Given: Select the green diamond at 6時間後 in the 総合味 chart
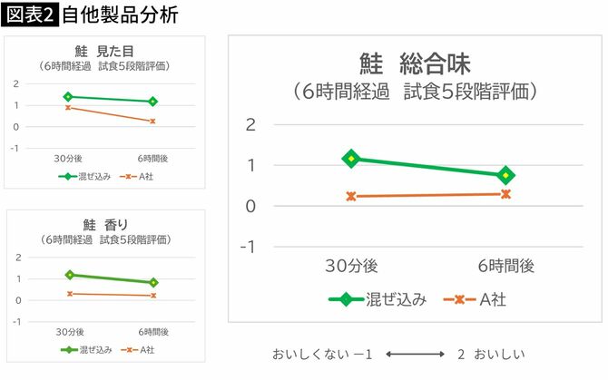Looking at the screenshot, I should tap(505, 175).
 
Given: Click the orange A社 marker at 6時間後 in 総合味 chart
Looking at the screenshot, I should tap(505, 193).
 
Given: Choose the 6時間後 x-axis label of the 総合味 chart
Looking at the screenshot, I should tap(505, 266).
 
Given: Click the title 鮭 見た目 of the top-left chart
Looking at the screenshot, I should tap(105, 52).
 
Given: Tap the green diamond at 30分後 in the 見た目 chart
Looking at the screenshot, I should tap(67, 96).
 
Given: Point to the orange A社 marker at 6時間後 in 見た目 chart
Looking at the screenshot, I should tap(152, 121).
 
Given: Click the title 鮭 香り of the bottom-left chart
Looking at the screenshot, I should tap(105, 225).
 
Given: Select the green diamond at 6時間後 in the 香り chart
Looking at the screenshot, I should tap(152, 282).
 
